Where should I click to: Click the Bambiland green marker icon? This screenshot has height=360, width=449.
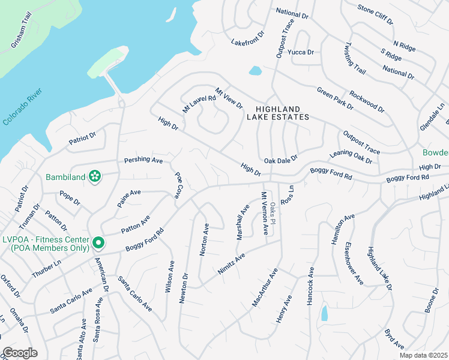(x=94, y=176)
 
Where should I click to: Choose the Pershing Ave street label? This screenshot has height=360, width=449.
(x=143, y=160)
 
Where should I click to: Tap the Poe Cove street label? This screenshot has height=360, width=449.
(x=178, y=185)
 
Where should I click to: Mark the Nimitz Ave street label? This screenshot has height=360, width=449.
(x=232, y=265)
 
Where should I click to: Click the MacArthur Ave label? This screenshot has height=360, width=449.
(x=265, y=289)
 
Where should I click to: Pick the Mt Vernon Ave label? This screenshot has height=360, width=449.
(x=262, y=213)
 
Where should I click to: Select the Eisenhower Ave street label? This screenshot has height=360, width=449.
(x=354, y=262)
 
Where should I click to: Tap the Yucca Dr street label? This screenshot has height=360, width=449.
(x=301, y=52)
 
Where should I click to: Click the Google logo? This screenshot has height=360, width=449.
(x=20, y=353)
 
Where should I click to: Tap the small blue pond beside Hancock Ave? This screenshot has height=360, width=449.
(x=324, y=313)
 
